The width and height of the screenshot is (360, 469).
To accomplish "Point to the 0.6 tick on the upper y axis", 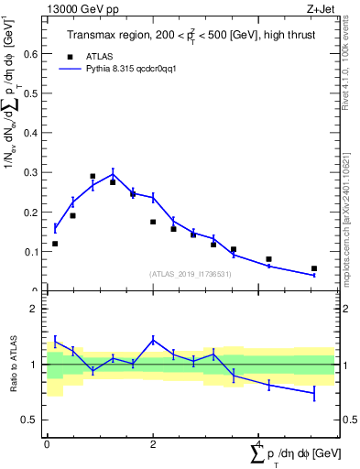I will pos(34,54).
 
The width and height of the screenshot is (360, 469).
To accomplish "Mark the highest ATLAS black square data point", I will pos(93,176).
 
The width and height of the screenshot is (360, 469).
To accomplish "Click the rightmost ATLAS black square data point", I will pos(314,268).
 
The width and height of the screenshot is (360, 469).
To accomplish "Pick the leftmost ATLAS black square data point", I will pos(55,244).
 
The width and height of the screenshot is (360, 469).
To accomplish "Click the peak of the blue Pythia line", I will pos(113,173).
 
